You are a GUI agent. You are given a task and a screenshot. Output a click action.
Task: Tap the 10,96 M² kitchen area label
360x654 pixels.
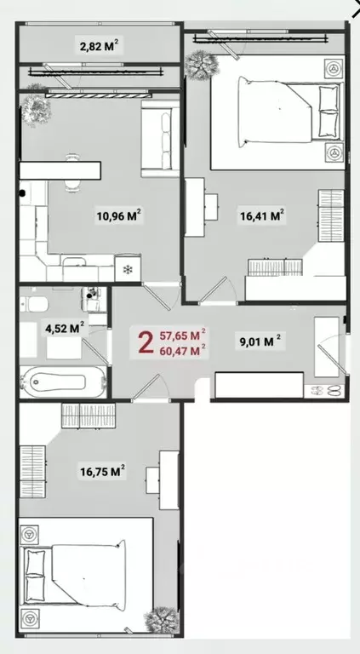tap(118, 216)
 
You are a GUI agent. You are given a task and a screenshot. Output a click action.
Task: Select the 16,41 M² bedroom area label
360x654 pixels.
tap(262, 216)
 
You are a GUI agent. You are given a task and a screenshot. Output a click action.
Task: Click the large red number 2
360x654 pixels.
tap(146, 342)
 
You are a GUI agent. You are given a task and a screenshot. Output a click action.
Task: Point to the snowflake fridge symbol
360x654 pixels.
tap(129, 270)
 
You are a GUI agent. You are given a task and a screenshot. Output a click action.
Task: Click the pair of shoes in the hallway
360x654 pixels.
tap(326, 390)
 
